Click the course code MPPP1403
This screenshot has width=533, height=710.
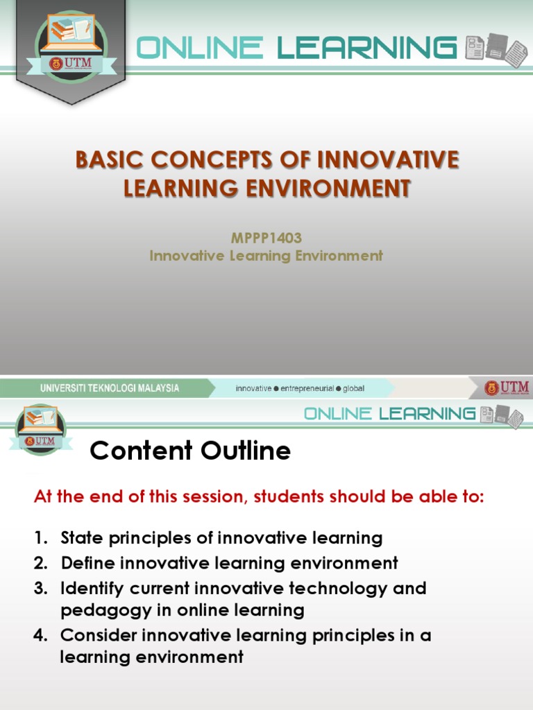pos(266,238)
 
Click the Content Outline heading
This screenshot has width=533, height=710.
pos(190,451)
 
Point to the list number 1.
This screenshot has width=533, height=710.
pos(39,538)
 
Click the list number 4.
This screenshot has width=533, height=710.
pos(40,635)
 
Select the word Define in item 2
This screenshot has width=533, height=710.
pos(85,563)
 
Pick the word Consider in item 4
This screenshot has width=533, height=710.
pos(95,635)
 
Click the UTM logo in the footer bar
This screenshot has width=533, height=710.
pos(507,388)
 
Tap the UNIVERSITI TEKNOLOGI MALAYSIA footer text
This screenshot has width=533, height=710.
pos(110,388)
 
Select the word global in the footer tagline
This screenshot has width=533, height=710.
pos(353,388)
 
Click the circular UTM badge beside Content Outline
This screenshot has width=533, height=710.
pos(40,429)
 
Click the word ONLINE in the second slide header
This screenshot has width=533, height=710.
pos(338,414)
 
